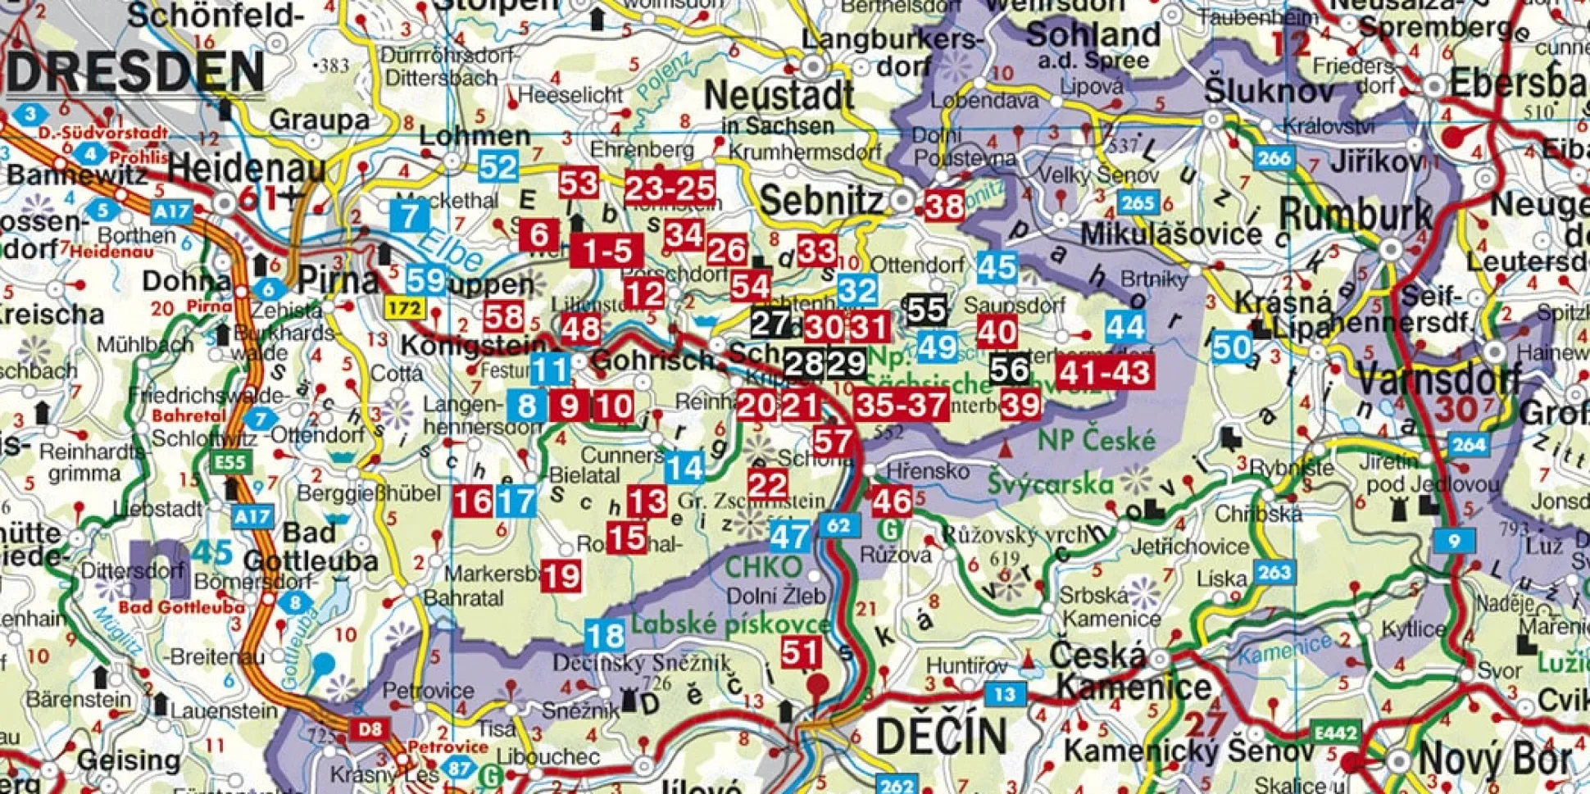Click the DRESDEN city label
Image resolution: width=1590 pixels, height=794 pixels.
pyautogui.click(x=136, y=72)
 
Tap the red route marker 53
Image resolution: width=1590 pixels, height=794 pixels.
pyautogui.click(x=578, y=183)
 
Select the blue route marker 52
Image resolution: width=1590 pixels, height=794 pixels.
pyautogui.click(x=497, y=167)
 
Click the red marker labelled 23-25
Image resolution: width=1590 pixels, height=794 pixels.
pyautogui.click(x=670, y=188)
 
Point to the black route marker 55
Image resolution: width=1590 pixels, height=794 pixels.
pyautogui.click(x=926, y=310)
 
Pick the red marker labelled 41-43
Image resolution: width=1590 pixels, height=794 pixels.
pyautogui.click(x=1104, y=373)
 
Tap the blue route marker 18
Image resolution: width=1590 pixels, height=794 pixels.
pyautogui.click(x=605, y=636)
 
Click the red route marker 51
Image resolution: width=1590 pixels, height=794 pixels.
pyautogui.click(x=800, y=653)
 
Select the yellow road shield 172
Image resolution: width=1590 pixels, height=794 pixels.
pyautogui.click(x=405, y=309)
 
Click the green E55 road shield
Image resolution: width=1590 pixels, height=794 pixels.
pyautogui.click(x=230, y=462)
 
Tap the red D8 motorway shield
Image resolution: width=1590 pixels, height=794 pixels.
pyautogui.click(x=370, y=728)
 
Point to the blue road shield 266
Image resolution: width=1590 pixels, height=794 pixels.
pyautogui.click(x=1274, y=158)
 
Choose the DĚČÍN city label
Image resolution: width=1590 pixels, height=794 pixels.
pyautogui.click(x=941, y=735)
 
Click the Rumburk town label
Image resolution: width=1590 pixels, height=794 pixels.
pyautogui.click(x=1355, y=216)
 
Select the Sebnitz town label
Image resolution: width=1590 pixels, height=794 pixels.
pyautogui.click(x=822, y=199)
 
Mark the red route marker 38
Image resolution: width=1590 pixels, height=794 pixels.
pyautogui.click(x=943, y=205)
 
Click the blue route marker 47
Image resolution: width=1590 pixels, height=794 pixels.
pyautogui.click(x=789, y=537)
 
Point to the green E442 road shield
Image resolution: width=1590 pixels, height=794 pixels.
pyautogui.click(x=1336, y=733)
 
